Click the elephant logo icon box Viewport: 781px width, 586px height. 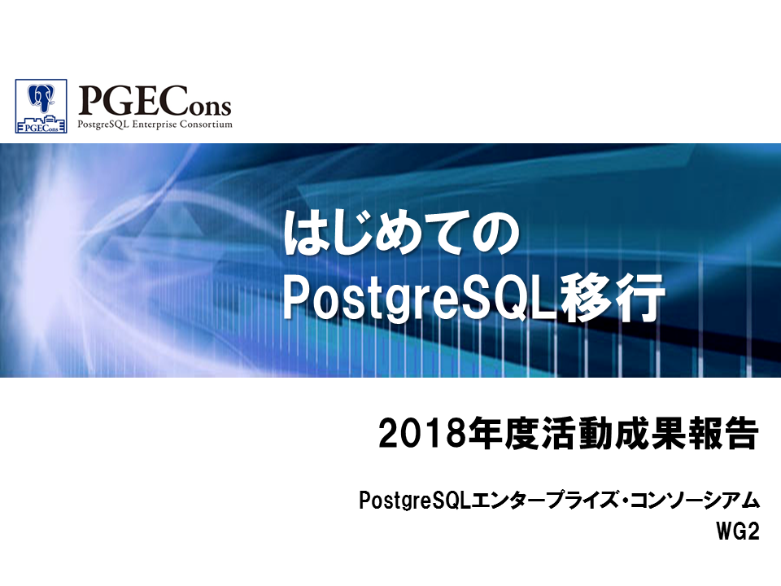click(41, 106)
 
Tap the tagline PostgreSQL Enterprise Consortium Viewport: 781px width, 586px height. click(155, 125)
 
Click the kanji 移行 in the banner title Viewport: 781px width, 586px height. click(611, 297)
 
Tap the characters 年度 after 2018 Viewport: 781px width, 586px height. click(499, 432)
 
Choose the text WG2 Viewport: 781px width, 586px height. click(738, 531)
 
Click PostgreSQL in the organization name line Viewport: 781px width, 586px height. click(414, 501)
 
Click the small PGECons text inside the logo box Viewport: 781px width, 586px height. click(41, 128)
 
